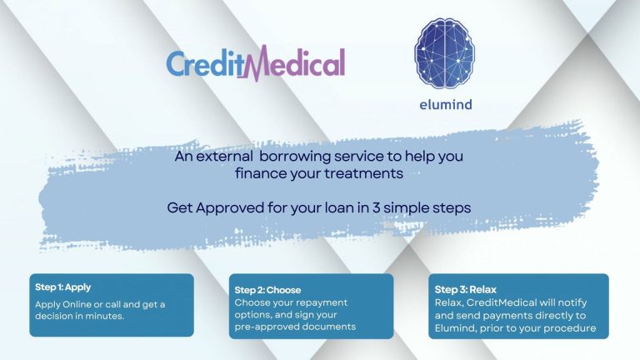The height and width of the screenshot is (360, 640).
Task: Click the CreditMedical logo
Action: tap(256, 62)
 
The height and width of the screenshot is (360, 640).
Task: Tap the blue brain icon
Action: tap(444, 53)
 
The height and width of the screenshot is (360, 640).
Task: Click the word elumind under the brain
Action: tap(446, 104)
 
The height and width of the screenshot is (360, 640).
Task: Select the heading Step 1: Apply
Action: tap(62, 287)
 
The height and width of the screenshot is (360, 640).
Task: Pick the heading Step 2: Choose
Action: tap(267, 290)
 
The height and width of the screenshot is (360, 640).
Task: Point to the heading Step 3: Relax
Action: tap(465, 290)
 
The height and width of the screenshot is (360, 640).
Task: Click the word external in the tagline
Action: tap(224, 157)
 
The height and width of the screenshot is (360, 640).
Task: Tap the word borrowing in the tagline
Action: tap(295, 157)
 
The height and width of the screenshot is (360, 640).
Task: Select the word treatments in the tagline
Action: tap(363, 173)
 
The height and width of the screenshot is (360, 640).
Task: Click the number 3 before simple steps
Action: tap(376, 207)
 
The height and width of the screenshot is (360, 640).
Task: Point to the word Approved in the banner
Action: tap(230, 208)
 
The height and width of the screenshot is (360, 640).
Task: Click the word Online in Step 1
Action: tap(77, 304)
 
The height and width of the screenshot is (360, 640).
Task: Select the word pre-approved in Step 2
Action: tap(266, 327)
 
